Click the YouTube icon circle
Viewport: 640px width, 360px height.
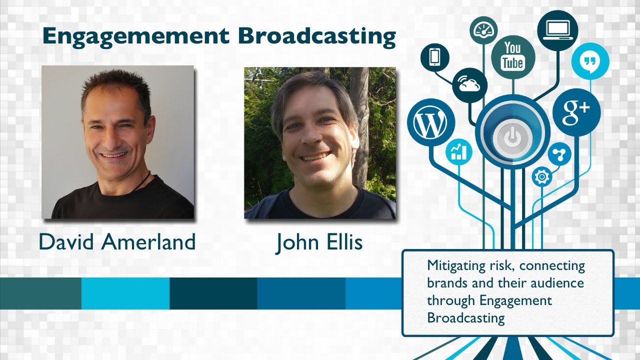point(513,56)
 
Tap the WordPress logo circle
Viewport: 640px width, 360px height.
point(430,123)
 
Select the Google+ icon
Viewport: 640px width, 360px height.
point(576,112)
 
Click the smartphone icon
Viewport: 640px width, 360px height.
point(434,57)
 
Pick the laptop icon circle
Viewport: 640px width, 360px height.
point(557,30)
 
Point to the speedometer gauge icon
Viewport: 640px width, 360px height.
point(483,30)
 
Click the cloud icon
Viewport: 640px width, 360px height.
point(469,85)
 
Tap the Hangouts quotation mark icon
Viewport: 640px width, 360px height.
point(590,61)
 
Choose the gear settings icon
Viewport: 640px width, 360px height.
point(541,176)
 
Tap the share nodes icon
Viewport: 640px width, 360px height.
point(559,154)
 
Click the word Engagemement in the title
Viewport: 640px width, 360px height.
point(135,36)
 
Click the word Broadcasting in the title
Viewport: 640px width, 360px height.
point(316,36)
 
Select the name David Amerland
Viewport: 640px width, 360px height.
point(117,242)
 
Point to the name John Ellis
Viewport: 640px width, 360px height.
point(319,242)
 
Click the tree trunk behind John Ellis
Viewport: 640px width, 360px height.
point(359,115)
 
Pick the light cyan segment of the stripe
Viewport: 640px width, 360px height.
point(125,293)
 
